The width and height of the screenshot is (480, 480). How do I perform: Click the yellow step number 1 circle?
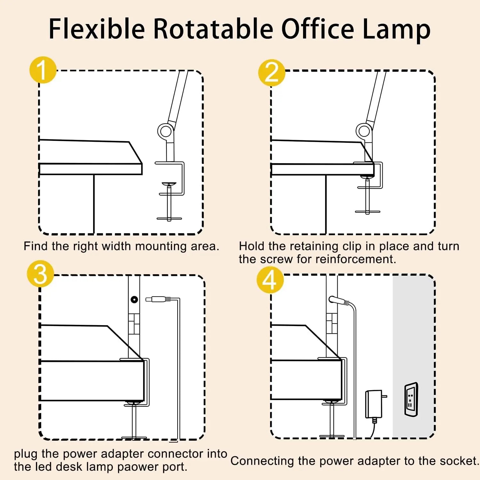[43, 70]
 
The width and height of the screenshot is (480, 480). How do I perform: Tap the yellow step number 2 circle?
[272, 73]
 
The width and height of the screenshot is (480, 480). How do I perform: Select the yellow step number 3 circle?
[40, 274]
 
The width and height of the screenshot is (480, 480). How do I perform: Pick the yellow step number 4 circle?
[270, 280]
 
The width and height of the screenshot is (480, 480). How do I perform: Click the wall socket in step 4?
[411, 400]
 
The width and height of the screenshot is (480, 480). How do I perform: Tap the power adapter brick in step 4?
[374, 404]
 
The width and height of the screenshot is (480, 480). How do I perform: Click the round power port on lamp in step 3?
[134, 300]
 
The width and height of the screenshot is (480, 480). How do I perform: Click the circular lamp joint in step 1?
[165, 131]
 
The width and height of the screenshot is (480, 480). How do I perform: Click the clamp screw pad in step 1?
[169, 184]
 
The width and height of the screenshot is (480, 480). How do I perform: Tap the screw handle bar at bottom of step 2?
[367, 212]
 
